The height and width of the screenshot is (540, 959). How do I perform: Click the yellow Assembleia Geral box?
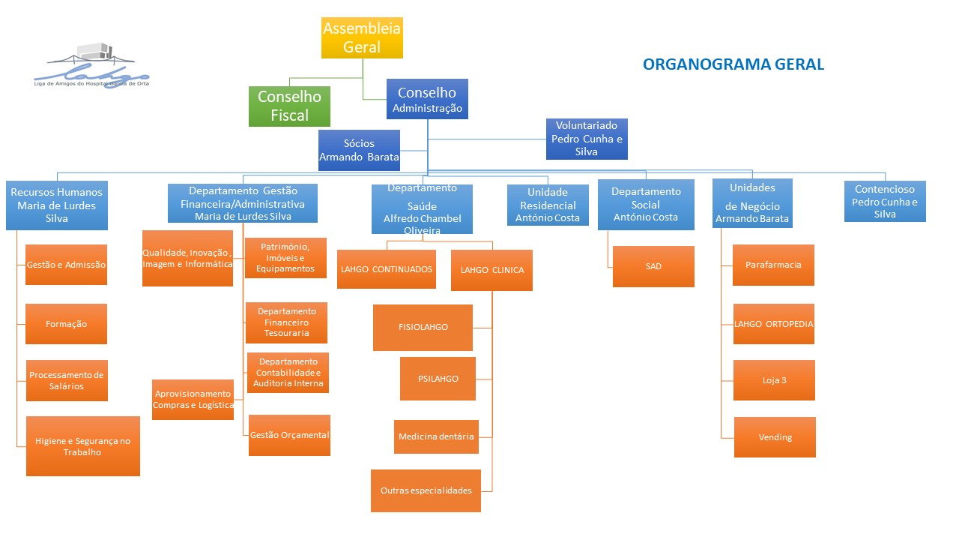(362, 37)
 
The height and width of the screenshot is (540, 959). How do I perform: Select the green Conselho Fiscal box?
(289, 106)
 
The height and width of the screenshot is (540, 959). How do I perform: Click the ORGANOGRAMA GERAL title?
(733, 64)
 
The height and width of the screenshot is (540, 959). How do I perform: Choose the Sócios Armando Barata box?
(359, 150)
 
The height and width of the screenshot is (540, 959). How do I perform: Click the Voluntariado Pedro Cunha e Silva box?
(587, 139)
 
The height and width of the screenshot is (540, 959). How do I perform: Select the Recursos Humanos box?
(57, 205)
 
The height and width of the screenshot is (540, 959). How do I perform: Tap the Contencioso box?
(885, 201)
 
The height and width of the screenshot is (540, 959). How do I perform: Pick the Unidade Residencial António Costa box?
(548, 205)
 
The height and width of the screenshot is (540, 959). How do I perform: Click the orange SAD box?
(653, 266)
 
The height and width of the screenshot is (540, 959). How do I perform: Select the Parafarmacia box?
(773, 265)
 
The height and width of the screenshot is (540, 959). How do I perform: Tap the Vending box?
(775, 437)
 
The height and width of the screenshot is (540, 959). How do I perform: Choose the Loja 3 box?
(774, 380)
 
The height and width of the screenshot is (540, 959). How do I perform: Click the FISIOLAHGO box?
(423, 327)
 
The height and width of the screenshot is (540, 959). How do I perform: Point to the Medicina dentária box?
(436, 436)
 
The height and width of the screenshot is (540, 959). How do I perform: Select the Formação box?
(66, 324)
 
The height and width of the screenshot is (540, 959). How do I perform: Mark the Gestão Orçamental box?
(289, 435)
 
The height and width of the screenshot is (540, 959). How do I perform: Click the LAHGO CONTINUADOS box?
(386, 269)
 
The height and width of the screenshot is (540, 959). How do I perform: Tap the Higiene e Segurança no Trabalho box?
(82, 446)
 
